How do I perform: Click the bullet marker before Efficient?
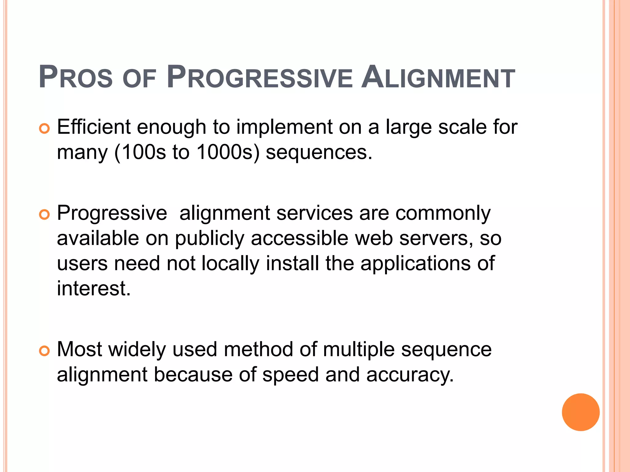coord(45,129)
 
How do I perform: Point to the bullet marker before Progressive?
coord(45,215)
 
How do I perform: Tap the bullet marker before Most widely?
coord(45,351)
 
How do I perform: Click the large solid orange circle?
coord(580,412)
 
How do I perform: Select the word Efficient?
coord(94,127)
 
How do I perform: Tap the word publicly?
coord(209,239)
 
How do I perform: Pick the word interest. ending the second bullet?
coord(94,289)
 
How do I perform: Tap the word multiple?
coord(359,350)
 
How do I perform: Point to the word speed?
coord(290,375)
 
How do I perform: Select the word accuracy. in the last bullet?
coord(410,375)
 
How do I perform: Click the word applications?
coord(415,264)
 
